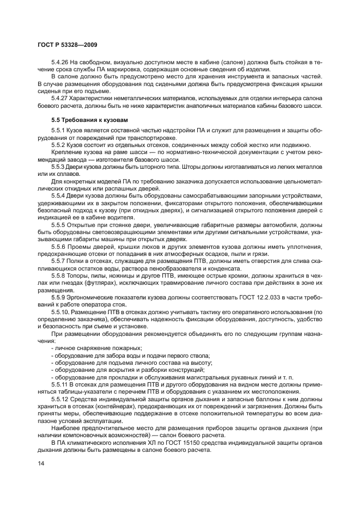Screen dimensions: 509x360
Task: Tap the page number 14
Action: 41,463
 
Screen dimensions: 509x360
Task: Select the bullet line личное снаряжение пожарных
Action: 97,348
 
